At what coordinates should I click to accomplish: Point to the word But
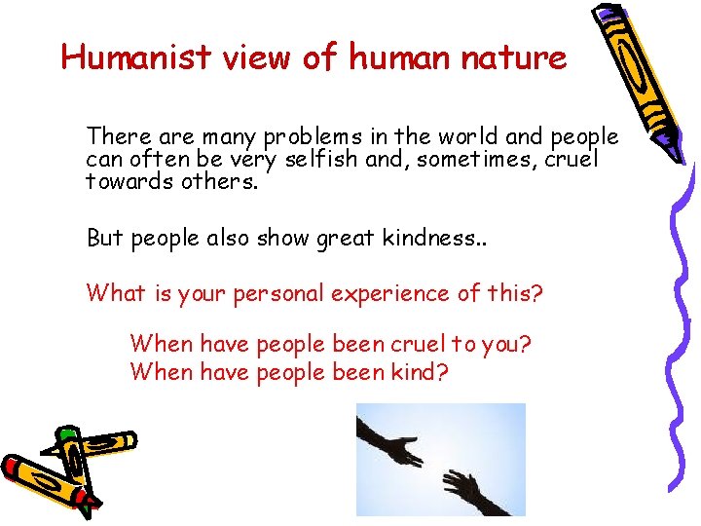(105, 239)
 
